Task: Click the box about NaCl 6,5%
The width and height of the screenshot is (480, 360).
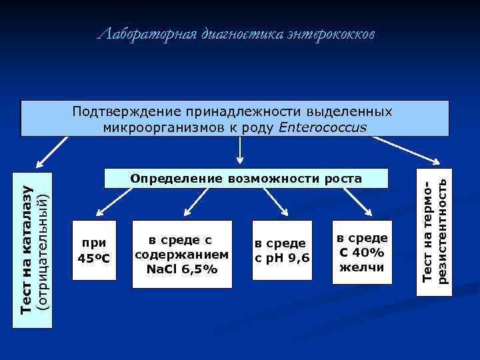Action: (x=182, y=254)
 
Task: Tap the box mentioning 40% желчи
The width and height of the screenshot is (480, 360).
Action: (x=361, y=253)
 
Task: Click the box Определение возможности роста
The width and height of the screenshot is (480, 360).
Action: (x=245, y=179)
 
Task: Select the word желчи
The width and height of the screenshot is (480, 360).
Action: (x=361, y=267)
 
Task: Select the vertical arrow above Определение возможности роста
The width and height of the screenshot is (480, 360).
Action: (x=240, y=149)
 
